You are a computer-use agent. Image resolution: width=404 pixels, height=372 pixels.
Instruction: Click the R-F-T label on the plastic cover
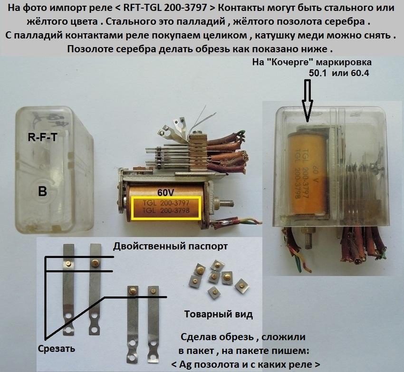(x=42, y=137)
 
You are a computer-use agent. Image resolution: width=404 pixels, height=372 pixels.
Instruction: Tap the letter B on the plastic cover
(x=42, y=191)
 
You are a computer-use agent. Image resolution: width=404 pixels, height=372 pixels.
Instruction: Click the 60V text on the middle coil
(x=166, y=193)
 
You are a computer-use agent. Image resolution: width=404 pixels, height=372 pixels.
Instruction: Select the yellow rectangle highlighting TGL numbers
(x=166, y=208)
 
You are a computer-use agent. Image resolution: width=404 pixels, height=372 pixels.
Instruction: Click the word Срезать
(x=57, y=349)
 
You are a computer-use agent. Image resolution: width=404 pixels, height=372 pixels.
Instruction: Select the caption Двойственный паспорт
(x=170, y=246)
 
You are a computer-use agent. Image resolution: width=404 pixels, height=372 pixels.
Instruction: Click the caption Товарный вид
(x=219, y=315)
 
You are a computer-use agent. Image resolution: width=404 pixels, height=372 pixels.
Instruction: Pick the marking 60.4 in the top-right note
(x=360, y=73)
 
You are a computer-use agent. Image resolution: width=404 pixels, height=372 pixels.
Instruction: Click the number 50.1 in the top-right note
(x=318, y=73)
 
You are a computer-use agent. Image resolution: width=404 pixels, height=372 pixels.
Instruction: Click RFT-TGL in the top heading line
(x=142, y=8)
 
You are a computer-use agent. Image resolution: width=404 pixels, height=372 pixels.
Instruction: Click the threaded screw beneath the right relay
(x=308, y=239)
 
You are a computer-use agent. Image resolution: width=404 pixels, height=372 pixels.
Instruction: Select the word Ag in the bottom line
(x=184, y=365)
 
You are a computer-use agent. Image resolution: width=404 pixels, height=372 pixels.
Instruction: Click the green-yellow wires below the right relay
(x=302, y=262)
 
